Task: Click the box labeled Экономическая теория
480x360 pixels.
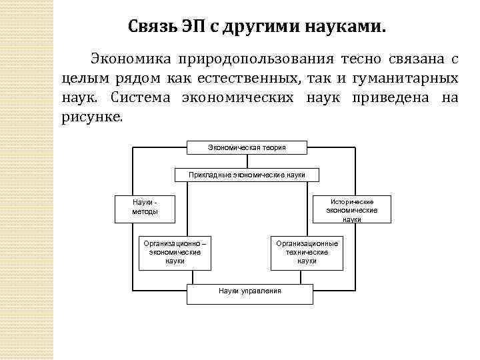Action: click(247, 147)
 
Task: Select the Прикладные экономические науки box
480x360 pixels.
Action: click(247, 175)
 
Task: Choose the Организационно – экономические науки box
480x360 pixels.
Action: click(175, 252)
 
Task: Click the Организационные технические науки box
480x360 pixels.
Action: click(307, 252)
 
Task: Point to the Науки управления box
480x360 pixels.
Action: click(250, 291)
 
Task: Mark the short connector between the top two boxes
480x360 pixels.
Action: click(247, 161)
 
